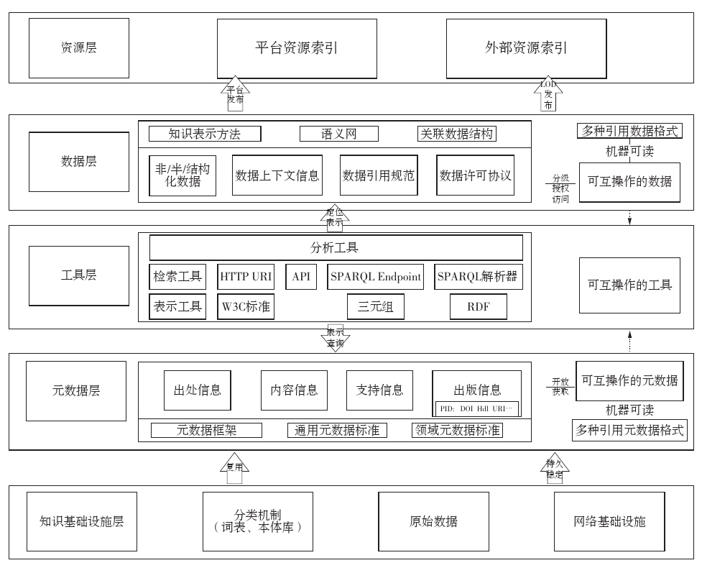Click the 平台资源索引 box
pos(297,49)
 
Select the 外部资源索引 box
pos(526,49)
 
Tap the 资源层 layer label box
pos(78,48)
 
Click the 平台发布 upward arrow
pos(235,94)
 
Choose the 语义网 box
pos(338,134)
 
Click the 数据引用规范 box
pos(379,175)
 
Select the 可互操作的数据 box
pos(629,181)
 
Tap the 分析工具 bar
pos(336,248)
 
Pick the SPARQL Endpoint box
pos(376,277)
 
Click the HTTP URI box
pos(246,277)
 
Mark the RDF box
pos(478,307)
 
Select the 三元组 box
pos(376,307)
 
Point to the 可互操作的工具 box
pos(629,285)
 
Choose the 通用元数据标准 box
pos(337,431)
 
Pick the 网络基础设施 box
pos(610,521)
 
